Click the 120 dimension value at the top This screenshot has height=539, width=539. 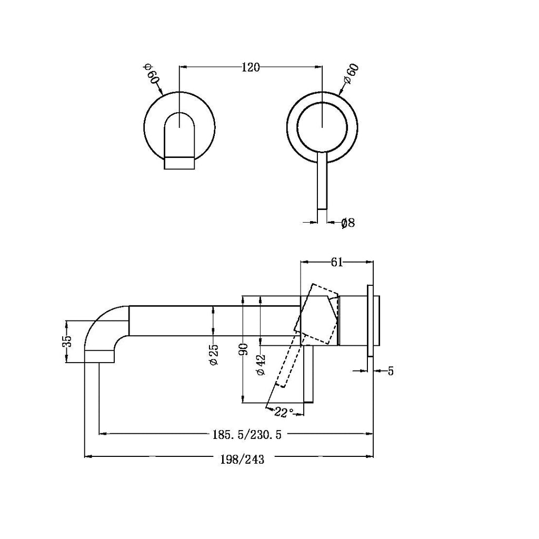tap(251, 67)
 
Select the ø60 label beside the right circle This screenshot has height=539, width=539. tap(351, 74)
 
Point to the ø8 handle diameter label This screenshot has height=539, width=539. tap(348, 223)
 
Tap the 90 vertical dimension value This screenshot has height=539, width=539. tap(243, 350)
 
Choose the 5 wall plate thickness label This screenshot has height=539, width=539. tap(391, 371)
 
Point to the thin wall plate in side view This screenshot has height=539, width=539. tap(371, 321)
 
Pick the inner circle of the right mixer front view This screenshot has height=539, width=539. tap(322, 126)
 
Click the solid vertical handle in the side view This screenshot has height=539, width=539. tap(309, 374)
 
